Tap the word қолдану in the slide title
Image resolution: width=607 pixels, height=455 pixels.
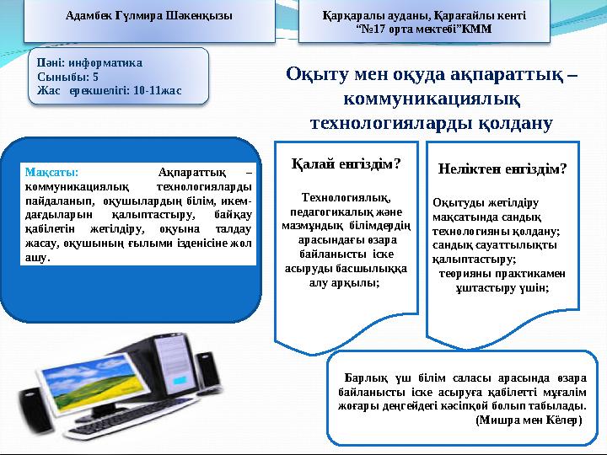pos(513,125)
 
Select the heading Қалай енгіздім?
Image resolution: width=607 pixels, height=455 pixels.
pos(346,164)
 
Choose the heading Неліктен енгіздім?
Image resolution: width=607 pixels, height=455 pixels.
pos(502,169)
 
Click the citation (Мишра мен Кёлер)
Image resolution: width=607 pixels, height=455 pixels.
pos(528,420)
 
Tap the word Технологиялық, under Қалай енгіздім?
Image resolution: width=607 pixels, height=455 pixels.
pos(346,197)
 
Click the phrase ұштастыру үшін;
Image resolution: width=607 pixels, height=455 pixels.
pos(502,287)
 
